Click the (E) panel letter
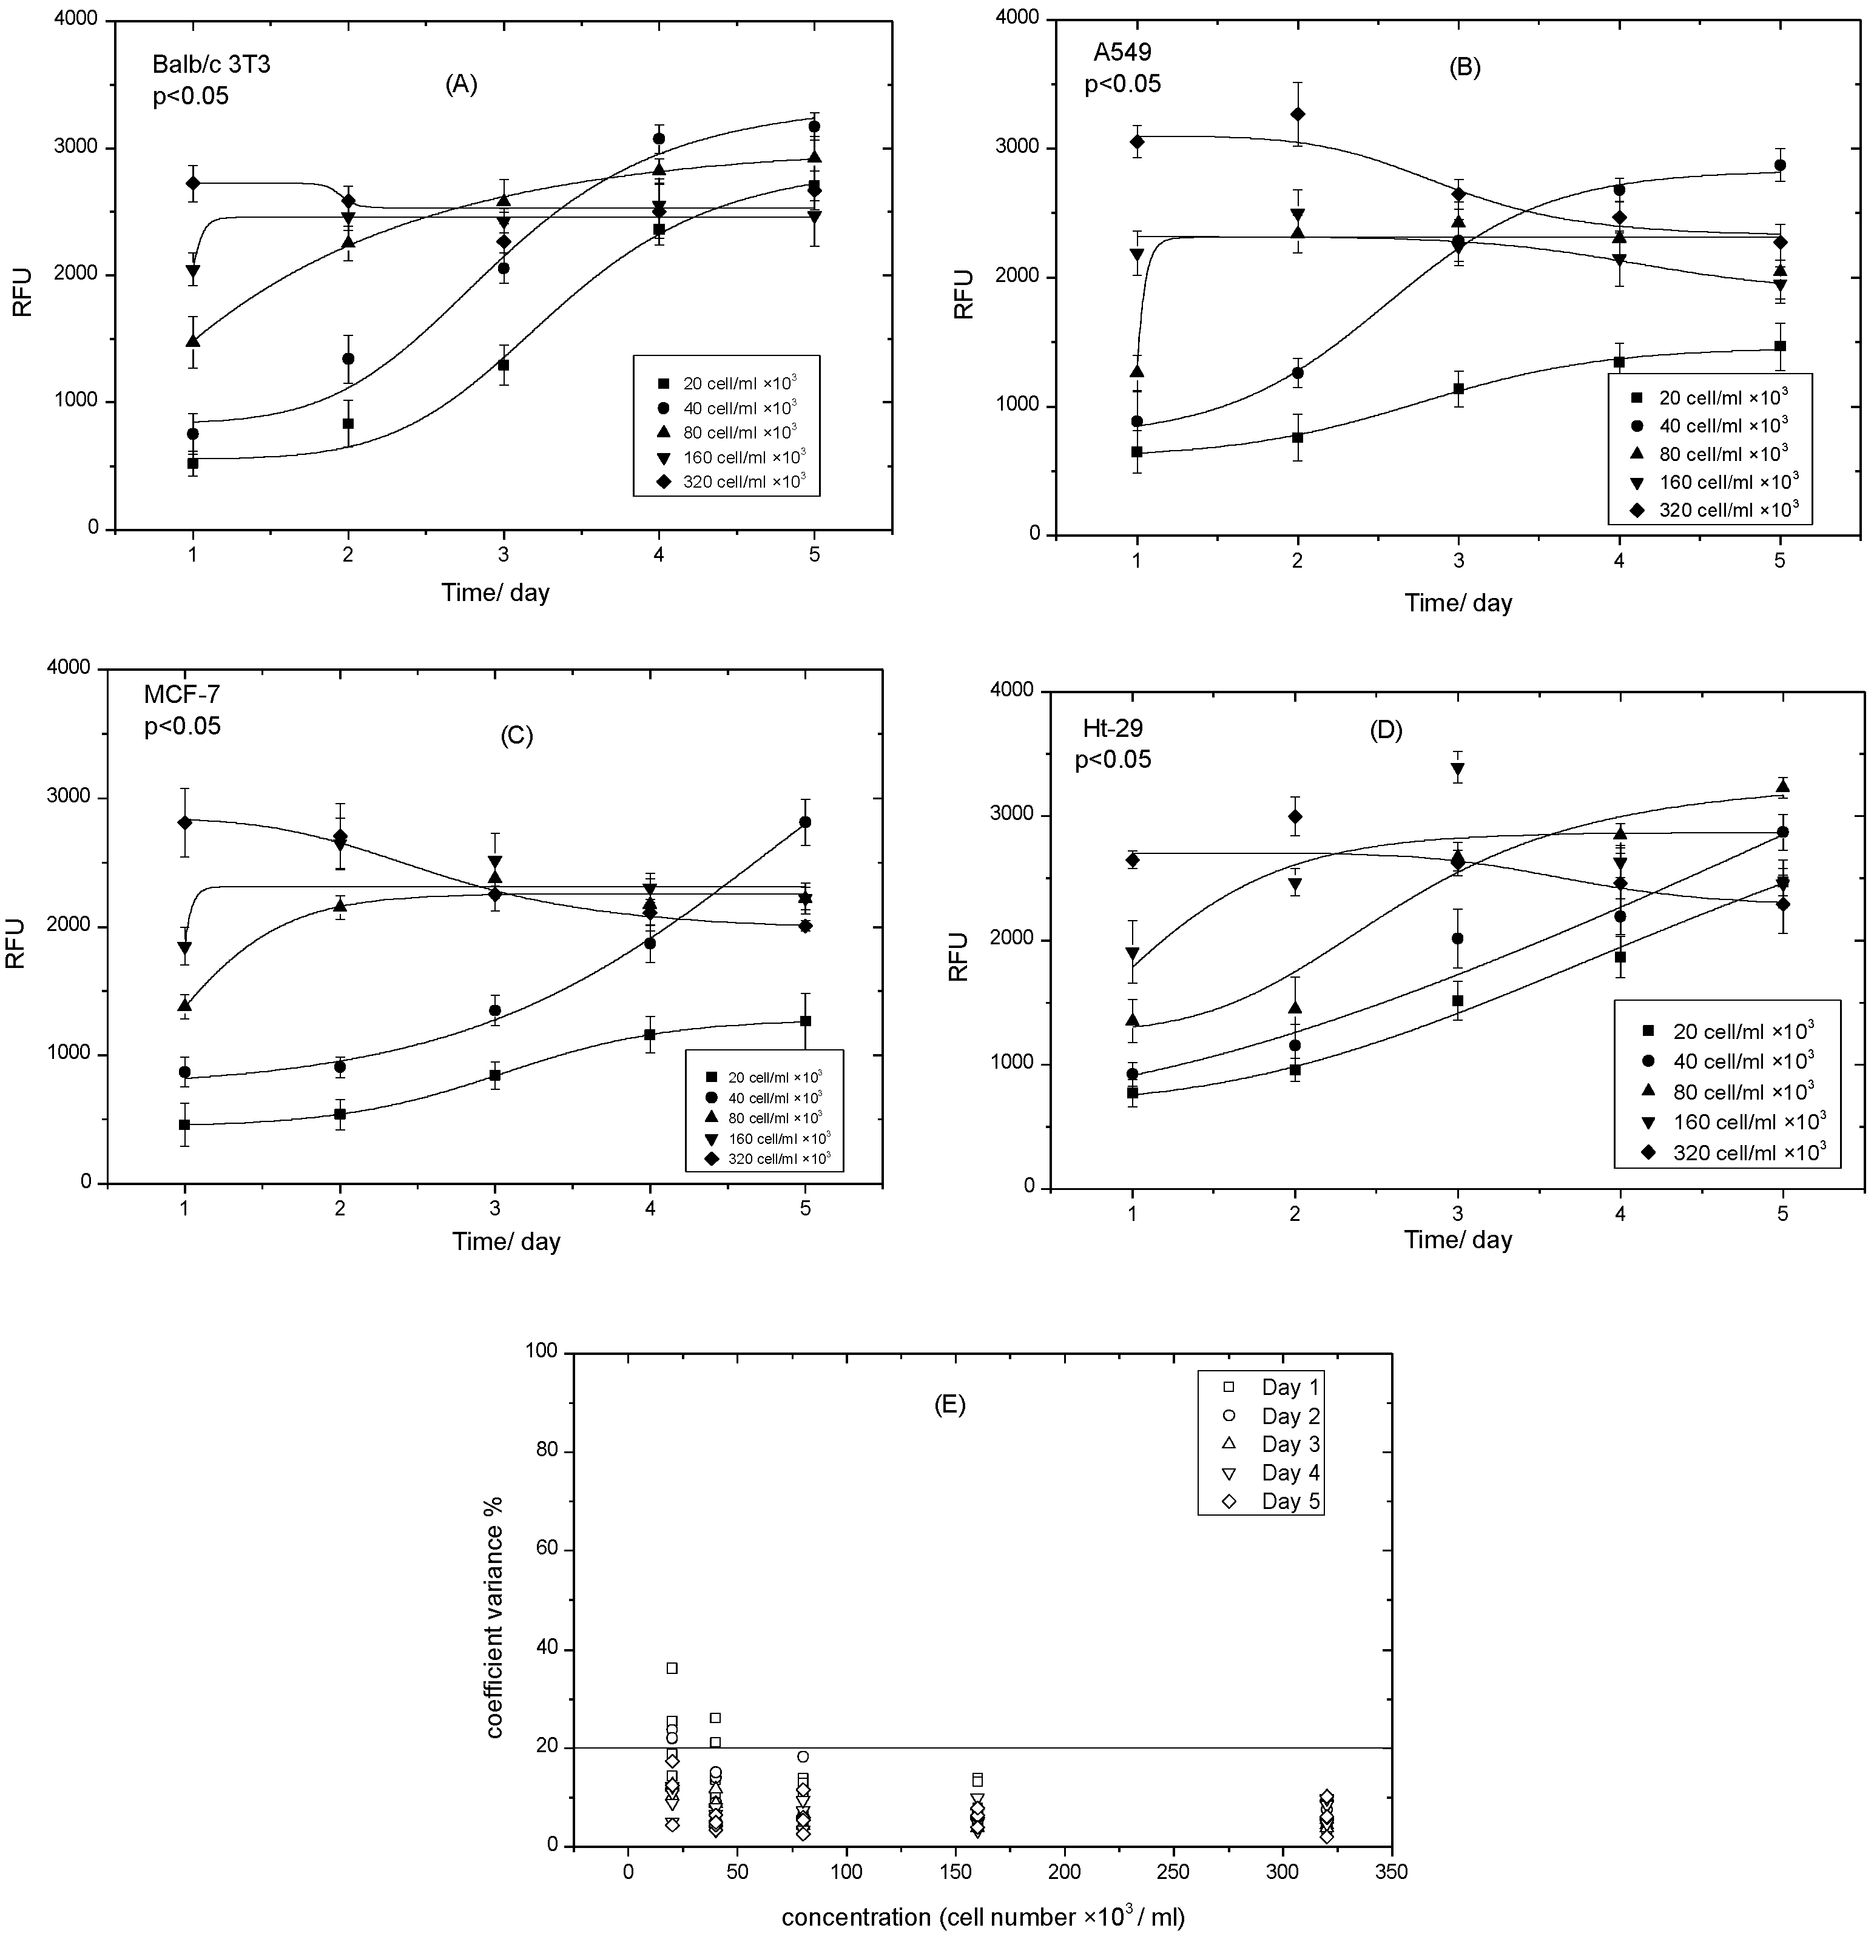pyautogui.click(x=950, y=1405)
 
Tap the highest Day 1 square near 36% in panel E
pyautogui.click(x=672, y=1668)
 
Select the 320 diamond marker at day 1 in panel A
pyautogui.click(x=193, y=183)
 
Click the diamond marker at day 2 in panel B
pyautogui.click(x=1297, y=114)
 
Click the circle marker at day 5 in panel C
pyautogui.click(x=806, y=822)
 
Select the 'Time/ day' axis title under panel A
pyautogui.click(x=494, y=593)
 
